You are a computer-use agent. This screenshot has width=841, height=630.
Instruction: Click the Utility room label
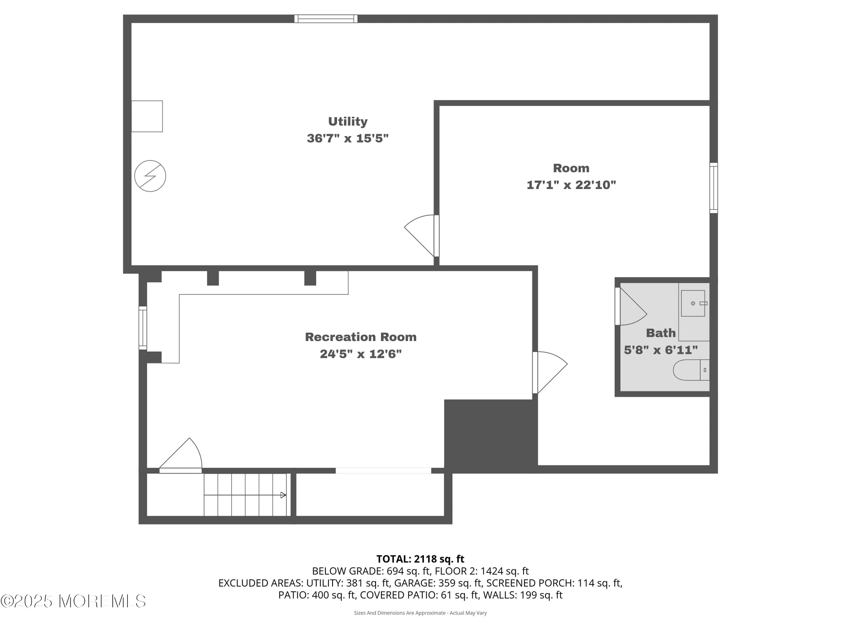click(348, 121)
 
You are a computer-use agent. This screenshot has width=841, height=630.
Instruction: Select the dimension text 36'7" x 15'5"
click(348, 138)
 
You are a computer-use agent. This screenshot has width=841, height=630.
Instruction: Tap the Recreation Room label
click(360, 337)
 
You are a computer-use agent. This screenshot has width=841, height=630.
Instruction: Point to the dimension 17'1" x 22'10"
click(571, 185)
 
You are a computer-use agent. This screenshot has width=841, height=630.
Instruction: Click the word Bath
click(661, 333)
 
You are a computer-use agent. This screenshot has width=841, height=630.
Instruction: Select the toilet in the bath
click(691, 370)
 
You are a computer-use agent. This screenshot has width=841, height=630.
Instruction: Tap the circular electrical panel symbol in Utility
click(150, 176)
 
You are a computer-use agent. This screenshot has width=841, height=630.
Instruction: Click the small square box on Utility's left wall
click(147, 116)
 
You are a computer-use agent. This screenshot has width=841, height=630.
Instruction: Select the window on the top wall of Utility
click(326, 18)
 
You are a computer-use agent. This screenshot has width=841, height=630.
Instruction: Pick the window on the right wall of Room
click(714, 188)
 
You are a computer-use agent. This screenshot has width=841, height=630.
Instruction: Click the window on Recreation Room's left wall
click(143, 328)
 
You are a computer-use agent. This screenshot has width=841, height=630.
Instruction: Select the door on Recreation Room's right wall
click(549, 372)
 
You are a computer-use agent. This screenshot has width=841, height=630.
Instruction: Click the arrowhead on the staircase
click(283, 495)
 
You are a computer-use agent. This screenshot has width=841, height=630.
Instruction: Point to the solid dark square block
click(490, 435)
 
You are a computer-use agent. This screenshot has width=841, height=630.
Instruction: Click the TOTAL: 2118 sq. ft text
click(420, 559)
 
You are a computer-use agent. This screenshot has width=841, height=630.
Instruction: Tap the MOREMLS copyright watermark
click(74, 601)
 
